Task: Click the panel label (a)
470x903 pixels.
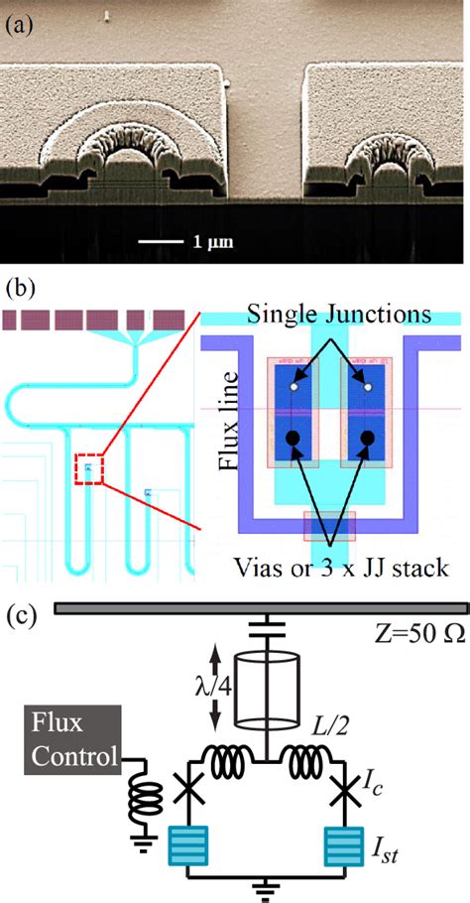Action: [x=22, y=24]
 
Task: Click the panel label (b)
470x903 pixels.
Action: [x=22, y=291]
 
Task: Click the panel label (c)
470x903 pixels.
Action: [x=22, y=614]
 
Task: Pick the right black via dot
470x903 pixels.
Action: [x=367, y=438]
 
